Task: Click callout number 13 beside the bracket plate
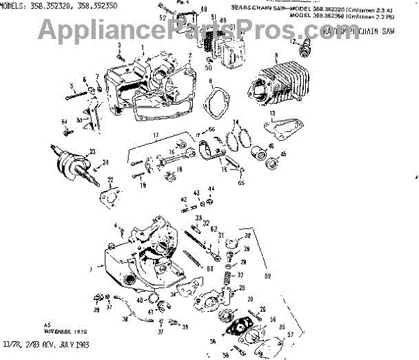(x=273, y=113)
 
